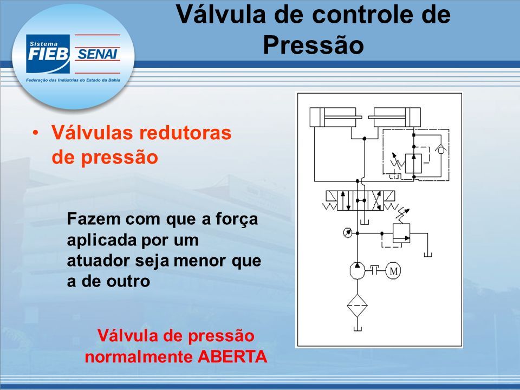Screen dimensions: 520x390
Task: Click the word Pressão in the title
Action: pos(314,45)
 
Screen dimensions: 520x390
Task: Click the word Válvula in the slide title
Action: pos(220,14)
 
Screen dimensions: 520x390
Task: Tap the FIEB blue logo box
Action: pos(48,54)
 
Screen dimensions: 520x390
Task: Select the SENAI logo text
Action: pos(97,54)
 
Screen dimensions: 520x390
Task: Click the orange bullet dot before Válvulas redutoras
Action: pos(35,133)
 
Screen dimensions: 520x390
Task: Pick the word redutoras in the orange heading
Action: pos(185,133)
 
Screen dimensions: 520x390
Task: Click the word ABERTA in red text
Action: pos(232,357)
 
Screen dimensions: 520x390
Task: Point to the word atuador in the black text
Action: pos(98,261)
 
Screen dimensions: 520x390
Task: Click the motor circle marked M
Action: pos(393,271)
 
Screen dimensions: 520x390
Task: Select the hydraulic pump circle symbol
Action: pos(357,270)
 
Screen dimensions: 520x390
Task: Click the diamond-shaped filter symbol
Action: pos(357,305)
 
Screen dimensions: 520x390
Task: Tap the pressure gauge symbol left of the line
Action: pos(347,232)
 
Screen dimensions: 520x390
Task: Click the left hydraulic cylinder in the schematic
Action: pos(336,117)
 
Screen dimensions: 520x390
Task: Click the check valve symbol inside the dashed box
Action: pos(441,148)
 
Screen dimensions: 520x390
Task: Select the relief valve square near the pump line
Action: pos(401,233)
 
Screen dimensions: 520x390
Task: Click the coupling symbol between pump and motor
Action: pos(375,271)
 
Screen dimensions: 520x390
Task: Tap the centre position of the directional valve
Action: pos(361,200)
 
